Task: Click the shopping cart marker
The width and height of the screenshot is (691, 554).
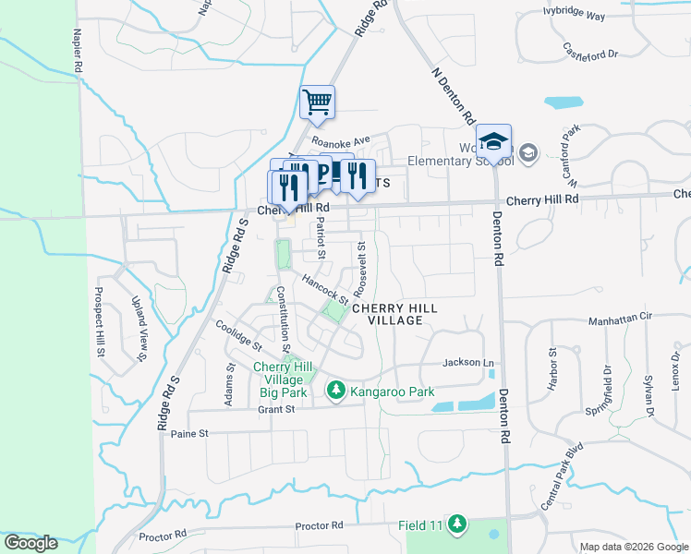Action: pyautogui.click(x=317, y=102)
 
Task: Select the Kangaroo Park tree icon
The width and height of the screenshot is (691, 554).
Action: pyautogui.click(x=336, y=392)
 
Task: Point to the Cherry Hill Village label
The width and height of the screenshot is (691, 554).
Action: pyautogui.click(x=394, y=314)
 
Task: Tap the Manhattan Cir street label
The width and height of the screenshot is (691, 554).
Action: pyautogui.click(x=620, y=317)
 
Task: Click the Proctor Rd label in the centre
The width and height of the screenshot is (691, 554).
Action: pyautogui.click(x=319, y=525)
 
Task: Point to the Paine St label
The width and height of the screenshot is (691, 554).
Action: pyautogui.click(x=191, y=432)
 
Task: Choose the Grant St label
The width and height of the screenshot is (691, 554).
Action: pyautogui.click(x=276, y=409)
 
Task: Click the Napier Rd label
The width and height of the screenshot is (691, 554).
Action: pyautogui.click(x=78, y=50)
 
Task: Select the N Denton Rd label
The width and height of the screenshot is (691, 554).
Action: pyautogui.click(x=454, y=95)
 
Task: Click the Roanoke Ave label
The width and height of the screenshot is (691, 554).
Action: pyautogui.click(x=340, y=142)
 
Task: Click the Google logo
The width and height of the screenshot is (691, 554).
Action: pyautogui.click(x=30, y=543)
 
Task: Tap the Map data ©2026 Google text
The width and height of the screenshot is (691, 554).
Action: pyautogui.click(x=634, y=547)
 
